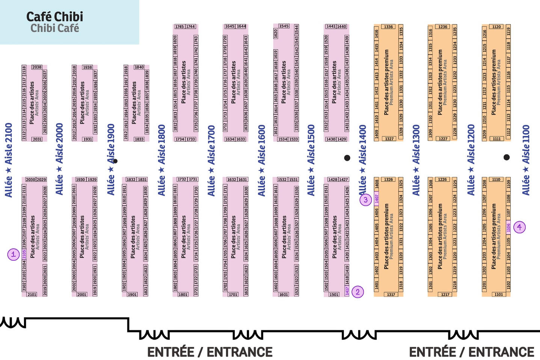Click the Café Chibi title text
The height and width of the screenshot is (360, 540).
54,17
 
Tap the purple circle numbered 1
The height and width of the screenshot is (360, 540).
14,254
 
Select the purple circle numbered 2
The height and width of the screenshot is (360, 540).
357,292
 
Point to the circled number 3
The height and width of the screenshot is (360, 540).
366,200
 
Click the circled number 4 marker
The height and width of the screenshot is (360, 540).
519,227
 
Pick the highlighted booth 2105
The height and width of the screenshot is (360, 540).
24,254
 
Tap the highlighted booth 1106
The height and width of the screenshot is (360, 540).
508,228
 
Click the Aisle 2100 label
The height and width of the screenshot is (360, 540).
8,160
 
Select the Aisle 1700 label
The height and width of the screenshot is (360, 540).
211,160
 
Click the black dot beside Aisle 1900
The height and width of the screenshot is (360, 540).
115,161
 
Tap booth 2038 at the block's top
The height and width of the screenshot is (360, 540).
37,67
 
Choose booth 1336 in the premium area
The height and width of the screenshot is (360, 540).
388,27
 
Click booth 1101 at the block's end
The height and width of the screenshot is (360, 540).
499,294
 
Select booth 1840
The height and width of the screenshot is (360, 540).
139,67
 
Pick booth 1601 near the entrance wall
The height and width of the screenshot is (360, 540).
284,294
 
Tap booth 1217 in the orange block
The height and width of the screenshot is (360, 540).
445,294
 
